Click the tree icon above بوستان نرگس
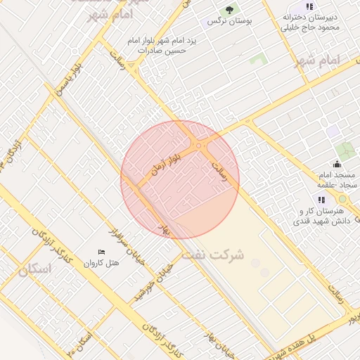(x=228, y=10)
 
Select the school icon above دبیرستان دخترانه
(x=309, y=6)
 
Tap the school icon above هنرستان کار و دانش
(x=322, y=200)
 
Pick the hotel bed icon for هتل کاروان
(x=102, y=252)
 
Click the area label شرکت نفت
(x=212, y=255)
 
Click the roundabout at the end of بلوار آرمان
(x=200, y=146)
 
